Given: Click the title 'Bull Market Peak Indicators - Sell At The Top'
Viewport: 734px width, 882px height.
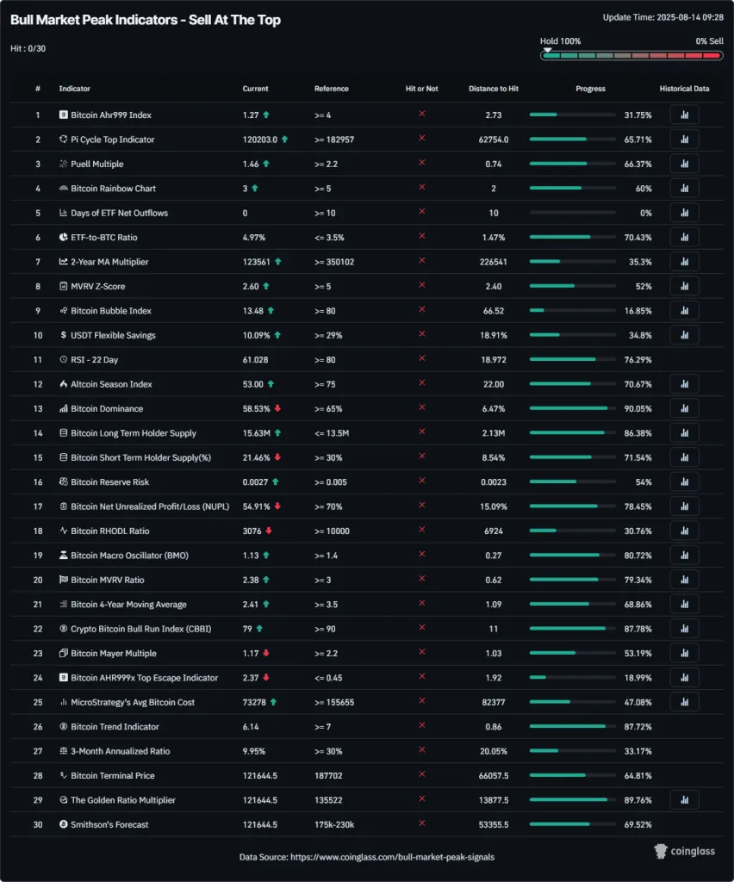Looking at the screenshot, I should pyautogui.click(x=145, y=20).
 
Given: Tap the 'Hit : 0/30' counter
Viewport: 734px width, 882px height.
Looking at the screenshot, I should pyautogui.click(x=28, y=48).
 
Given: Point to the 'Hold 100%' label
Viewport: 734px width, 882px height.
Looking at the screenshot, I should pyautogui.click(x=560, y=40).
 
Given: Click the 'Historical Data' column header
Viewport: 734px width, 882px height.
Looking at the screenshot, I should pyautogui.click(x=684, y=89).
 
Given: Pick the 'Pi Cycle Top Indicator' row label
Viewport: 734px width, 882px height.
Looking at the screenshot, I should pyautogui.click(x=112, y=139).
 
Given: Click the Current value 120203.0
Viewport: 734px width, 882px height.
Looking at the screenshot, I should pyautogui.click(x=260, y=139).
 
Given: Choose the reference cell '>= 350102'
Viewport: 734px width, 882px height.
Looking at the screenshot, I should pyautogui.click(x=335, y=261).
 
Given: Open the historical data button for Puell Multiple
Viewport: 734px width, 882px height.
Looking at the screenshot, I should pyautogui.click(x=684, y=164).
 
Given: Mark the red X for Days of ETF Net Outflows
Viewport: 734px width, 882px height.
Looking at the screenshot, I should pyautogui.click(x=422, y=212).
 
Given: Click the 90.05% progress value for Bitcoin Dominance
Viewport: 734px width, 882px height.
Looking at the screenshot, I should pyautogui.click(x=638, y=408).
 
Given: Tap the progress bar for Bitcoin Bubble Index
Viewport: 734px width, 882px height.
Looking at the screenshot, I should pyautogui.click(x=573, y=310).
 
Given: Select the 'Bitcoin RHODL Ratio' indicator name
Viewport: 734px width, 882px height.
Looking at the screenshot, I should pyautogui.click(x=110, y=531).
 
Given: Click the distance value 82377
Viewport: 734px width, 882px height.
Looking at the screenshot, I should pyautogui.click(x=494, y=702).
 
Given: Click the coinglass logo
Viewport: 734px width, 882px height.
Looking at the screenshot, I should pyautogui.click(x=686, y=851).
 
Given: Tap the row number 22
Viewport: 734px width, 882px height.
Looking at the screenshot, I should pyautogui.click(x=38, y=629).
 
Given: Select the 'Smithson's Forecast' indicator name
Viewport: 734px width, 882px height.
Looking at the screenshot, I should pyautogui.click(x=109, y=824).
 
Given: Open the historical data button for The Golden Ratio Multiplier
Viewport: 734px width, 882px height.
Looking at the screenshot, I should pyautogui.click(x=684, y=800).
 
